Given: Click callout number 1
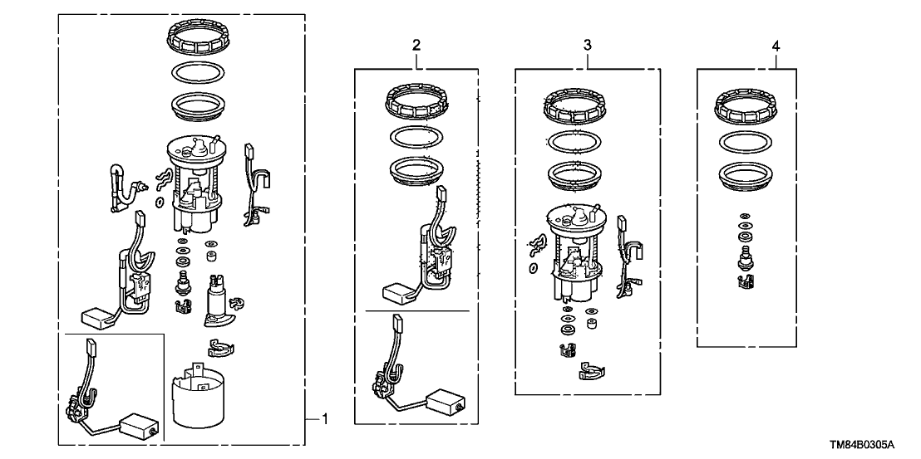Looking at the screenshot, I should point(325,420).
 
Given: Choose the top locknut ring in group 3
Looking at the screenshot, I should point(574,106).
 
